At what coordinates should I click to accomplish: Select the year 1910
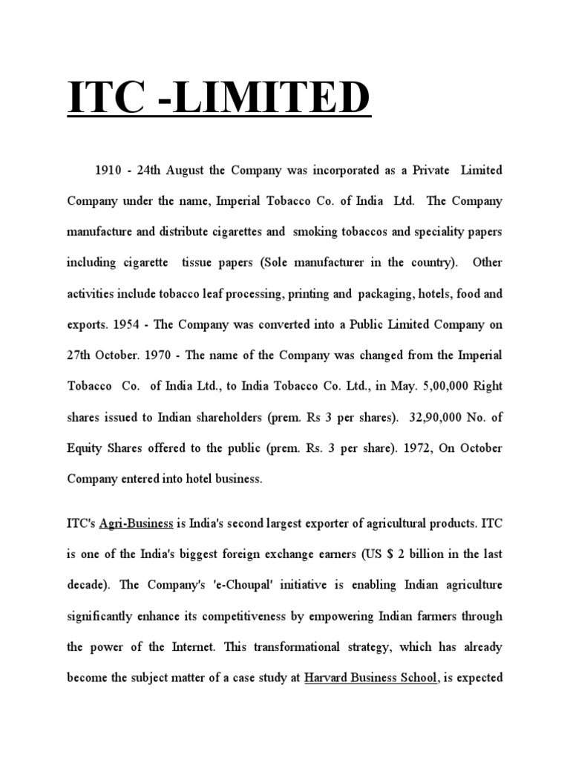pos(108,171)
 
